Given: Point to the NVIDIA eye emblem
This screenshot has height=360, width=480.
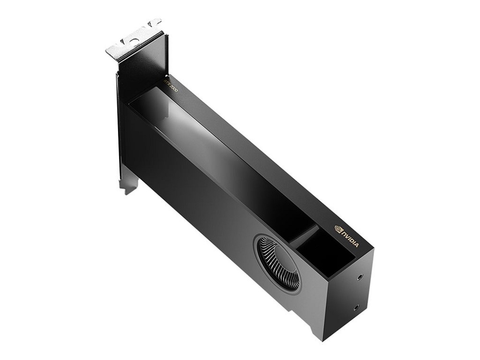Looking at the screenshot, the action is [338, 228].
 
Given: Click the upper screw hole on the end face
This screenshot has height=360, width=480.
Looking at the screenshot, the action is [360, 278].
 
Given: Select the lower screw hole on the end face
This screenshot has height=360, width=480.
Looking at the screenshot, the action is [356, 307].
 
